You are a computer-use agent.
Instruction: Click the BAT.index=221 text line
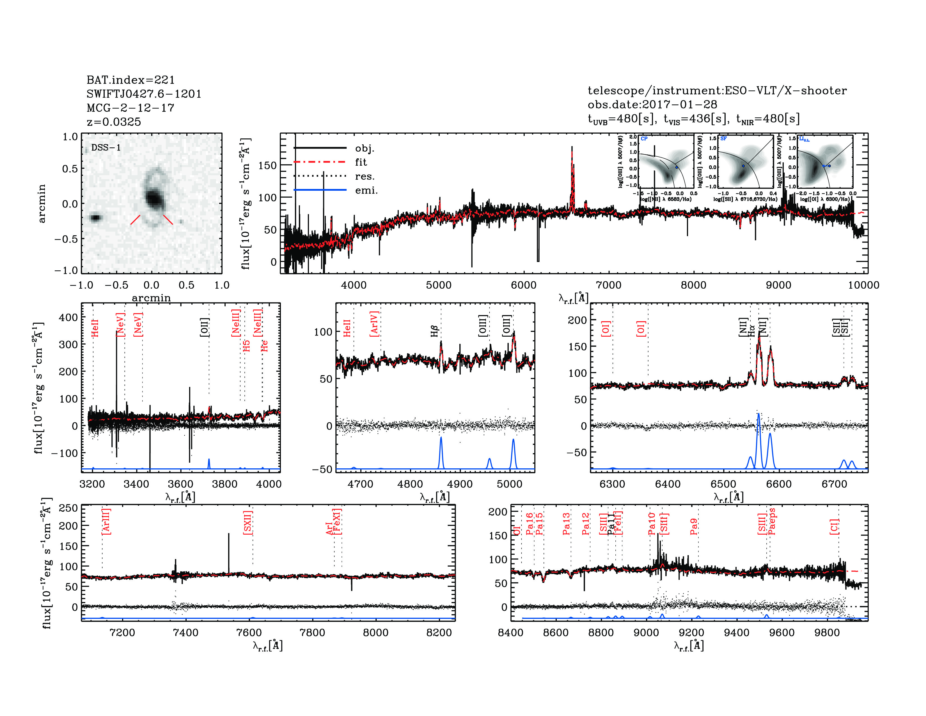(130, 80)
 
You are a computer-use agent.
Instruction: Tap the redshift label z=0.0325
(114, 122)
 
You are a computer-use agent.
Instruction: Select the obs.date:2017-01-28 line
(652, 104)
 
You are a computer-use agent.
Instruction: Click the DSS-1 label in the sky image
(106, 148)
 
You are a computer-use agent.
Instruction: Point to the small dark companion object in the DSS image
(96, 218)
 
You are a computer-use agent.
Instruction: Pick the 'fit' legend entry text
(361, 162)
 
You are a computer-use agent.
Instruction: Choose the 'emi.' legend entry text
(366, 190)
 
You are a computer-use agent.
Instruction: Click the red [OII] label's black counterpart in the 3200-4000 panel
(204, 327)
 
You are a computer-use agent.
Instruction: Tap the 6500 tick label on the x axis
(723, 484)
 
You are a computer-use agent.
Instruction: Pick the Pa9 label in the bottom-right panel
(694, 526)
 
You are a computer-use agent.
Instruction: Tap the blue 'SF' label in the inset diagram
(723, 139)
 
